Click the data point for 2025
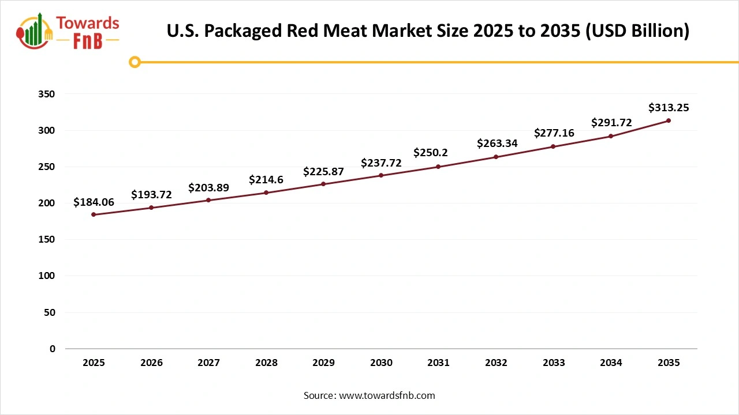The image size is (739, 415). (x=94, y=214)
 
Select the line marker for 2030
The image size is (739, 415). (x=381, y=175)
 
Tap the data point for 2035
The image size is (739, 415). (x=669, y=120)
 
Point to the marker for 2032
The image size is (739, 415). (x=496, y=157)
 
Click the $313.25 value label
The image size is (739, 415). (x=669, y=108)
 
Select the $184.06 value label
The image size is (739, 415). (x=94, y=202)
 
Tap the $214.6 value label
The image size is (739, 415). (x=266, y=180)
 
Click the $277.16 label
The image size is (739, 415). (x=554, y=133)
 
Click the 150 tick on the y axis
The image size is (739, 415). (x=48, y=240)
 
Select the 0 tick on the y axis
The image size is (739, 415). (x=53, y=349)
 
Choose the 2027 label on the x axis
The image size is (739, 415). (x=208, y=363)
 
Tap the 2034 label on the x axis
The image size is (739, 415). (x=611, y=363)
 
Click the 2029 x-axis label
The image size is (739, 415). (x=323, y=363)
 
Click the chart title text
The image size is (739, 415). (x=428, y=31)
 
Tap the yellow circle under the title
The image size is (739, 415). (x=135, y=62)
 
